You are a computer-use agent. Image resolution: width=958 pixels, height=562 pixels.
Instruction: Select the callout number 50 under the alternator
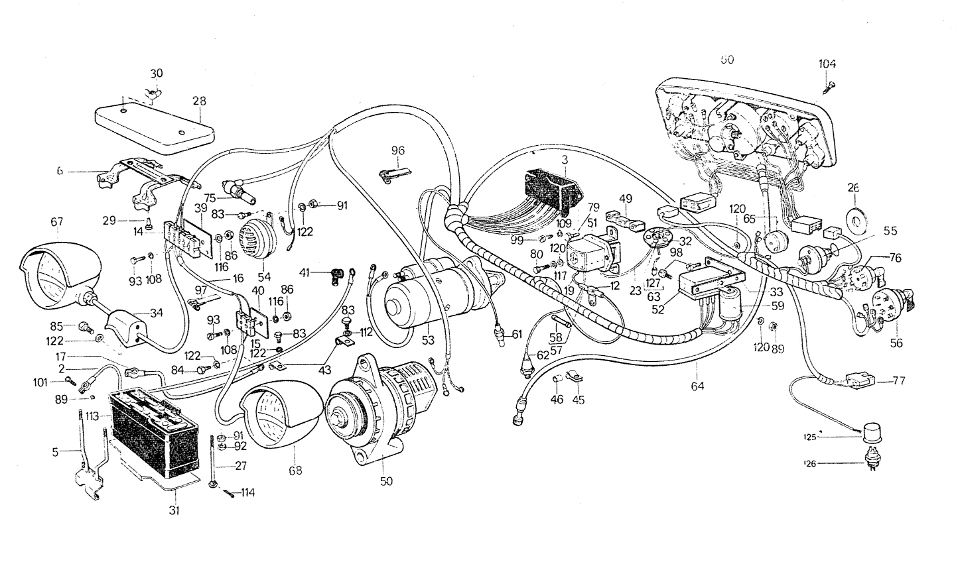[386, 481]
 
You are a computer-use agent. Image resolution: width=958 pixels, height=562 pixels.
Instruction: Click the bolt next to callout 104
[828, 84]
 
